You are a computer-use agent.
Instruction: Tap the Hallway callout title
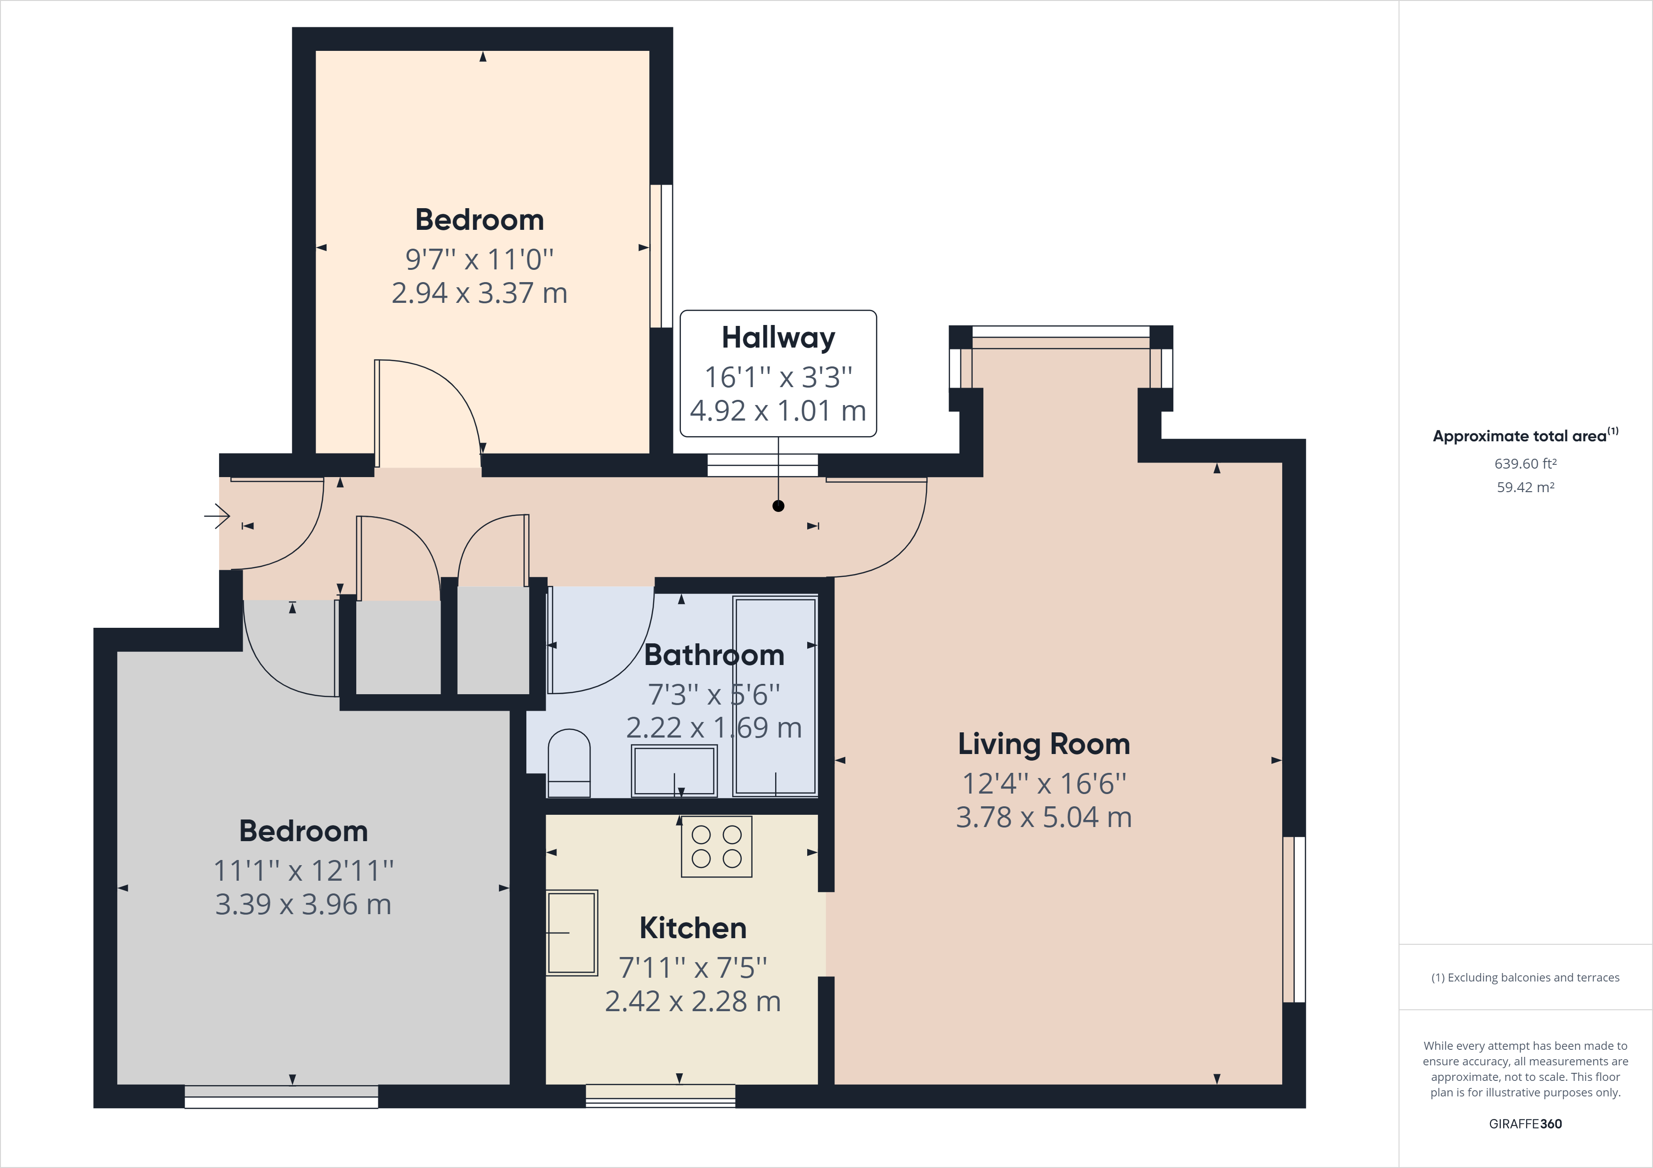pos(778,338)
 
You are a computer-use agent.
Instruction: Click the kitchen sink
pos(572,933)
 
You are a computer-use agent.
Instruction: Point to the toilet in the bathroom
pos(569,764)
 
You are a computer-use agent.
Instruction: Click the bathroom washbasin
pos(674,771)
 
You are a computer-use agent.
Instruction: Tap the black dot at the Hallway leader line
pos(778,506)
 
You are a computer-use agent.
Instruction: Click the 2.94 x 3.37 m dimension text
pos(480,293)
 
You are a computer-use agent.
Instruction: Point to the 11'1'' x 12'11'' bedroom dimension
pos(303,871)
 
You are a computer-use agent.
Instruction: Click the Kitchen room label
pos(693,928)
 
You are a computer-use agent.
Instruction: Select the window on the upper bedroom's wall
pos(661,256)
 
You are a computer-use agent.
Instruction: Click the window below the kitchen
pos(660,1095)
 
